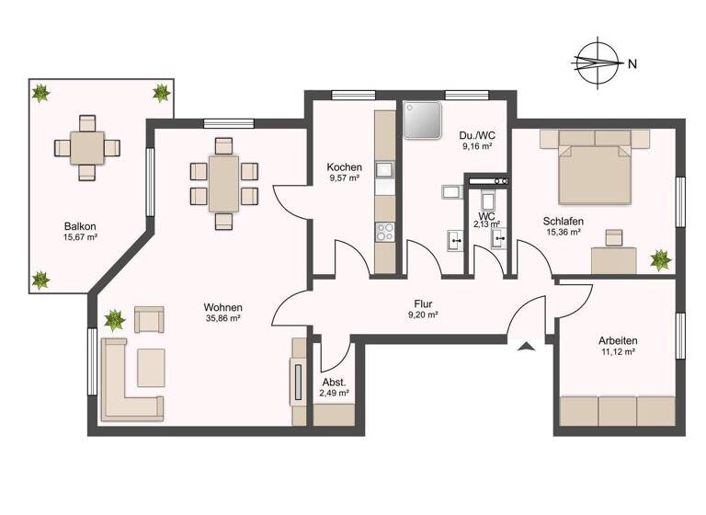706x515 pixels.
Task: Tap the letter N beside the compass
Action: [632, 64]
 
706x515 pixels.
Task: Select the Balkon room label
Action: [80, 226]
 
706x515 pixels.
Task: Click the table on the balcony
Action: [87, 146]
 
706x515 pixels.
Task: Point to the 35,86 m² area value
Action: [222, 318]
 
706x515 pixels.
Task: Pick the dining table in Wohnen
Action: [223, 182]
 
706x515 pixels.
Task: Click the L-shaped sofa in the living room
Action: [129, 384]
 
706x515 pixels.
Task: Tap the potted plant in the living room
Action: [114, 320]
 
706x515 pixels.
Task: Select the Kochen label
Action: [344, 167]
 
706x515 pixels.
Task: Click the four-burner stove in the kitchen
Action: [384, 233]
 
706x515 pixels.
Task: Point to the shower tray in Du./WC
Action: [423, 120]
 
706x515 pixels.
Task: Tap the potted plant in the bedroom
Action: [660, 260]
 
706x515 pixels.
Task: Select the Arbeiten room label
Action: [616, 341]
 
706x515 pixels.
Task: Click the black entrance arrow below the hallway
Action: [525, 347]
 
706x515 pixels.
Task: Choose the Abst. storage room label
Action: [333, 382]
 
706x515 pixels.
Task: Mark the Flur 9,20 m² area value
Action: [422, 315]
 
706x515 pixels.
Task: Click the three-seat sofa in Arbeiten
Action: [618, 410]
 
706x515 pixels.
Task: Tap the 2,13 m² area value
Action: [486, 223]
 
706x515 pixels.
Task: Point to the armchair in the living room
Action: [148, 319]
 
